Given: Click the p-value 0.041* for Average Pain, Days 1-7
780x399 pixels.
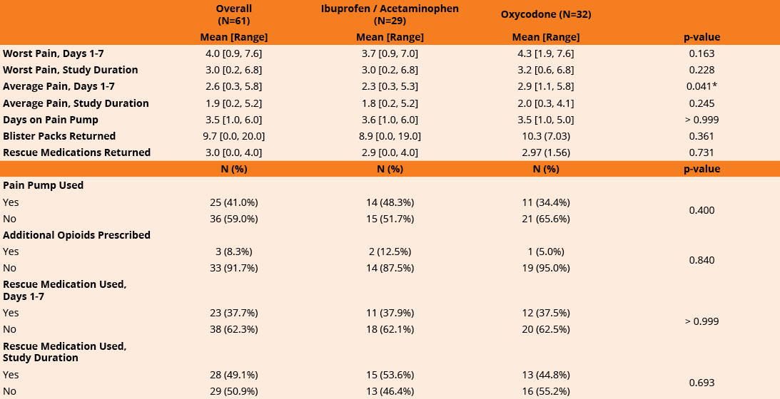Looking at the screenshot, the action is (702, 86).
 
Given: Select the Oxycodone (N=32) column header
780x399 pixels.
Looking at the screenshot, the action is (546, 14).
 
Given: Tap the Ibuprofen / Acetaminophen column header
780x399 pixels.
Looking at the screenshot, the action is (390, 14).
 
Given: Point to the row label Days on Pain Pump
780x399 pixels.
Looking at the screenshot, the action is (51, 120).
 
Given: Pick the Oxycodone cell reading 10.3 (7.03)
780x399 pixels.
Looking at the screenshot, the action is (546, 136).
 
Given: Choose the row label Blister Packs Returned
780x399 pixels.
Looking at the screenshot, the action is (59, 136).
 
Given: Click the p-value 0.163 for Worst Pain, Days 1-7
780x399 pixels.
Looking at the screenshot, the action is (702, 53).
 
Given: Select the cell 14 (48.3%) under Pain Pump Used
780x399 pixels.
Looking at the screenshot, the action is (390, 202).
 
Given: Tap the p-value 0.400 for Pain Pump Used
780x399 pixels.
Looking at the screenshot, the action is (702, 210).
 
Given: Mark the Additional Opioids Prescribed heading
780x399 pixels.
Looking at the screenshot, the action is (76, 235).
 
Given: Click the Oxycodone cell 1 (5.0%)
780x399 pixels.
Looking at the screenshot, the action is (546, 252).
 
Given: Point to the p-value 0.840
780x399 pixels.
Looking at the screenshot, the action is (702, 260).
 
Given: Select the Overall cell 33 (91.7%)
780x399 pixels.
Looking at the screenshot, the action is (234, 268).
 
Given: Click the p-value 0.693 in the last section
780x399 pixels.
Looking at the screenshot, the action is (702, 383).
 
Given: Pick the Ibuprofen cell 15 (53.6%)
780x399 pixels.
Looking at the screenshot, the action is (390, 375).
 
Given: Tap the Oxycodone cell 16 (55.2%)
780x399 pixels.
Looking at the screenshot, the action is (546, 391).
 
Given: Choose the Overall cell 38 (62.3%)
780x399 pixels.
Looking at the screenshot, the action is (234, 329).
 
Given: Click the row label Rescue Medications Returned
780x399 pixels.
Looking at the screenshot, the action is (76, 152).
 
